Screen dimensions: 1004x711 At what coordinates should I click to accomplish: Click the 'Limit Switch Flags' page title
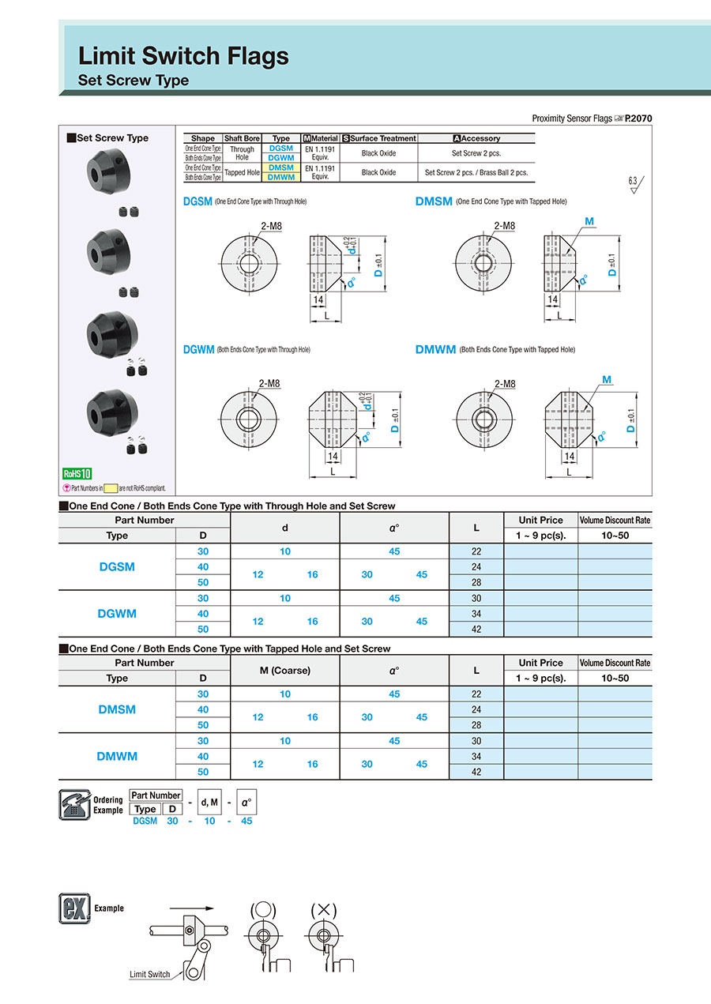point(183,56)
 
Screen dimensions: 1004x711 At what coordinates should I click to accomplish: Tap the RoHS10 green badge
point(77,474)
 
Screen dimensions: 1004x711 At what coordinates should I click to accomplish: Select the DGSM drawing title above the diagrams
point(197,201)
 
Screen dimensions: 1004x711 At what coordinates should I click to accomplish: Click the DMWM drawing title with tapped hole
point(435,349)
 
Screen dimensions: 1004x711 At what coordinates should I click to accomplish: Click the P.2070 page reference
point(638,118)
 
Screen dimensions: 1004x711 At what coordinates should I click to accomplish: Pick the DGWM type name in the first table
point(116,614)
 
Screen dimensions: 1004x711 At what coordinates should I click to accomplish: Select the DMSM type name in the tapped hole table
point(116,709)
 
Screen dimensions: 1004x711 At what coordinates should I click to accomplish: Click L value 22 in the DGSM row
point(476,551)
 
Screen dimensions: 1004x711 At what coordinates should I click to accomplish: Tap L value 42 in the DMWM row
point(476,772)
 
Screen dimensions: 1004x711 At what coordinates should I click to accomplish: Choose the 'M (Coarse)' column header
point(284,670)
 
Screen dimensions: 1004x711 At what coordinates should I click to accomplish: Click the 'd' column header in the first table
point(284,527)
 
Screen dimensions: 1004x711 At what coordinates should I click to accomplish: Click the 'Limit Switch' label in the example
point(149,974)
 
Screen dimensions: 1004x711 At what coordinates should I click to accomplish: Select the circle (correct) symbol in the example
point(263,909)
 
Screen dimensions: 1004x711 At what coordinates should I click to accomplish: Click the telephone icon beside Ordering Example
point(74,804)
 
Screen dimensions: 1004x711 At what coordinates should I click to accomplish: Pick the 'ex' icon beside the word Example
point(74,908)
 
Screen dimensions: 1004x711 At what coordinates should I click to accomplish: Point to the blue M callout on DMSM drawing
point(589,221)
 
